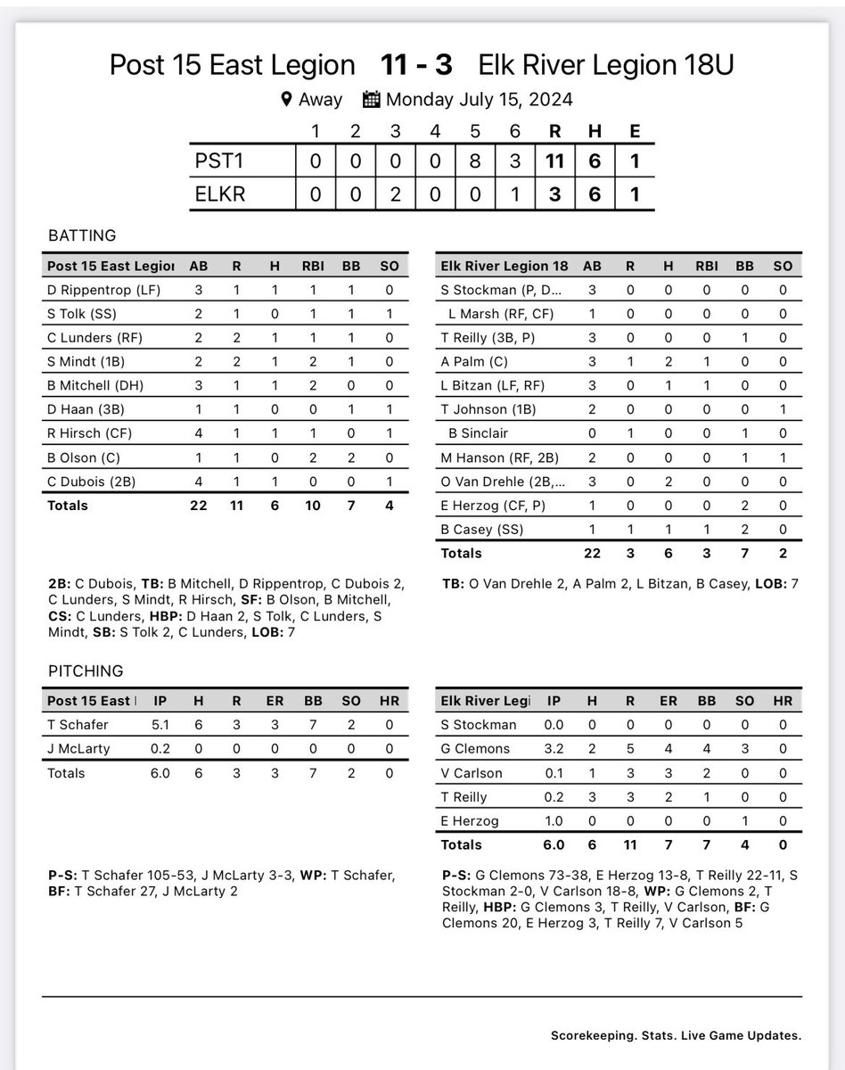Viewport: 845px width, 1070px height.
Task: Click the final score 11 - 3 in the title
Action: click(x=416, y=66)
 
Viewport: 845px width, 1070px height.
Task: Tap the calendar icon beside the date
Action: click(x=372, y=99)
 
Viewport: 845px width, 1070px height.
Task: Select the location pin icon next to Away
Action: click(x=286, y=99)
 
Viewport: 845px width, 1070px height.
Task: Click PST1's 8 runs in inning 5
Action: click(x=474, y=161)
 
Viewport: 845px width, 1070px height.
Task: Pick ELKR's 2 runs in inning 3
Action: click(x=395, y=193)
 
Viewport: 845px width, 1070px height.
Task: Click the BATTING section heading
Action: click(x=82, y=236)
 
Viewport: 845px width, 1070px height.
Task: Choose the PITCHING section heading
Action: click(x=85, y=671)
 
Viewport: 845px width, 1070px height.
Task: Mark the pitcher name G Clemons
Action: click(x=477, y=749)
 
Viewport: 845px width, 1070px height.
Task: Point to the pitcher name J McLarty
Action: click(x=79, y=749)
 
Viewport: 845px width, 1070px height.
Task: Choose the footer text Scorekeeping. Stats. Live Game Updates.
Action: click(x=676, y=1035)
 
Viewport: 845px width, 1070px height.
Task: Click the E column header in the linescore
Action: click(x=634, y=131)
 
